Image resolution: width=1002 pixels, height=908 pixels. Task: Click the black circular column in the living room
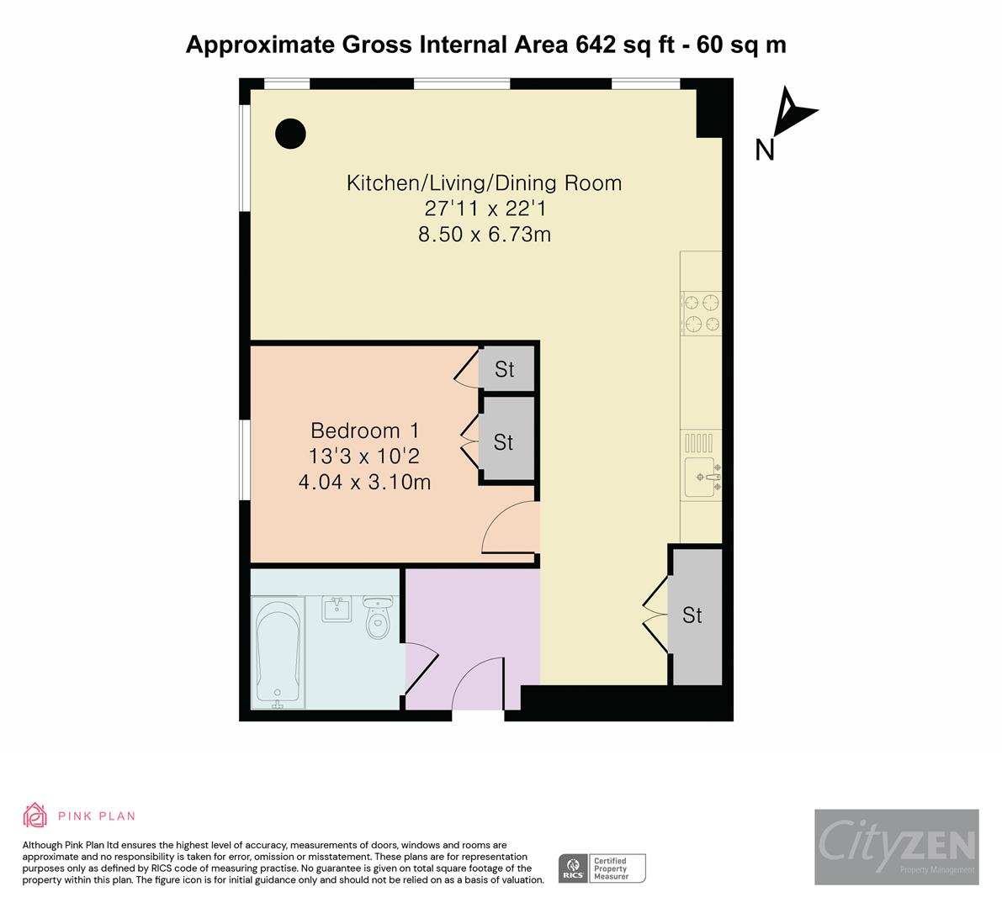pyautogui.click(x=290, y=133)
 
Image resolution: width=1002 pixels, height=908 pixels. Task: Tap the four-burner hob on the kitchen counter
pyautogui.click(x=702, y=313)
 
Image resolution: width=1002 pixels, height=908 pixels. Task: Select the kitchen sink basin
pyautogui.click(x=700, y=478)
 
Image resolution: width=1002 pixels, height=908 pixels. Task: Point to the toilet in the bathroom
pyautogui.click(x=379, y=620)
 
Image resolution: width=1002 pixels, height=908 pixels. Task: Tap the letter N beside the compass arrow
pyautogui.click(x=764, y=150)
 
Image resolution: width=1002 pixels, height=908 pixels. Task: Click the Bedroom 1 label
pyautogui.click(x=364, y=430)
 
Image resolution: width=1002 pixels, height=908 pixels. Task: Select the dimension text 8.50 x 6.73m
pyautogui.click(x=484, y=235)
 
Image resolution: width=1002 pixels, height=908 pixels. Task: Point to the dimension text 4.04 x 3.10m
pyautogui.click(x=364, y=483)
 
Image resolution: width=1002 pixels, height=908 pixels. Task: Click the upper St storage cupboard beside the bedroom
pyautogui.click(x=505, y=369)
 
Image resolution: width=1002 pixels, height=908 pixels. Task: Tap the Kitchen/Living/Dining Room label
pyautogui.click(x=484, y=182)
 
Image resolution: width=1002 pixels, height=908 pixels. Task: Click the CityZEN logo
pyautogui.click(x=896, y=846)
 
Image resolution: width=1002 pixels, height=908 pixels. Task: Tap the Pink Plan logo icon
pyautogui.click(x=35, y=815)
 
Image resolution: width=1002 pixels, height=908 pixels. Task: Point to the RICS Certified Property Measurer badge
pyautogui.click(x=602, y=868)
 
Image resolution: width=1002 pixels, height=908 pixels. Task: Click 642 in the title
pyautogui.click(x=596, y=45)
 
